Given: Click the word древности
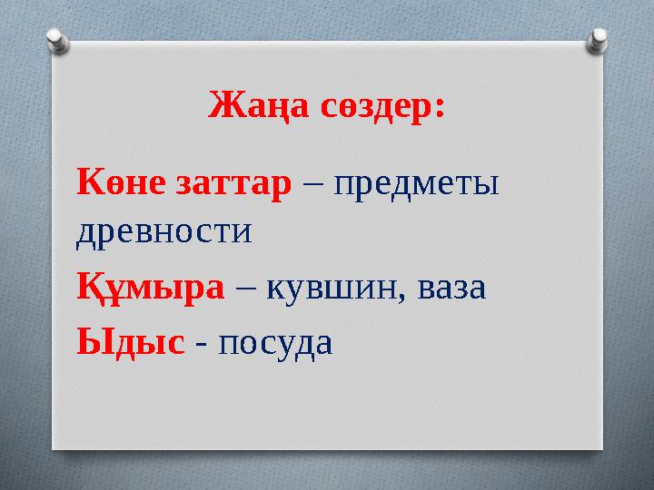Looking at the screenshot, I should [x=163, y=231].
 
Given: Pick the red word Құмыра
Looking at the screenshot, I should [x=151, y=288].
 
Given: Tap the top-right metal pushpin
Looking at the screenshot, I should [x=599, y=39].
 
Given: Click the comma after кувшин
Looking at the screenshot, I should [x=407, y=296].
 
